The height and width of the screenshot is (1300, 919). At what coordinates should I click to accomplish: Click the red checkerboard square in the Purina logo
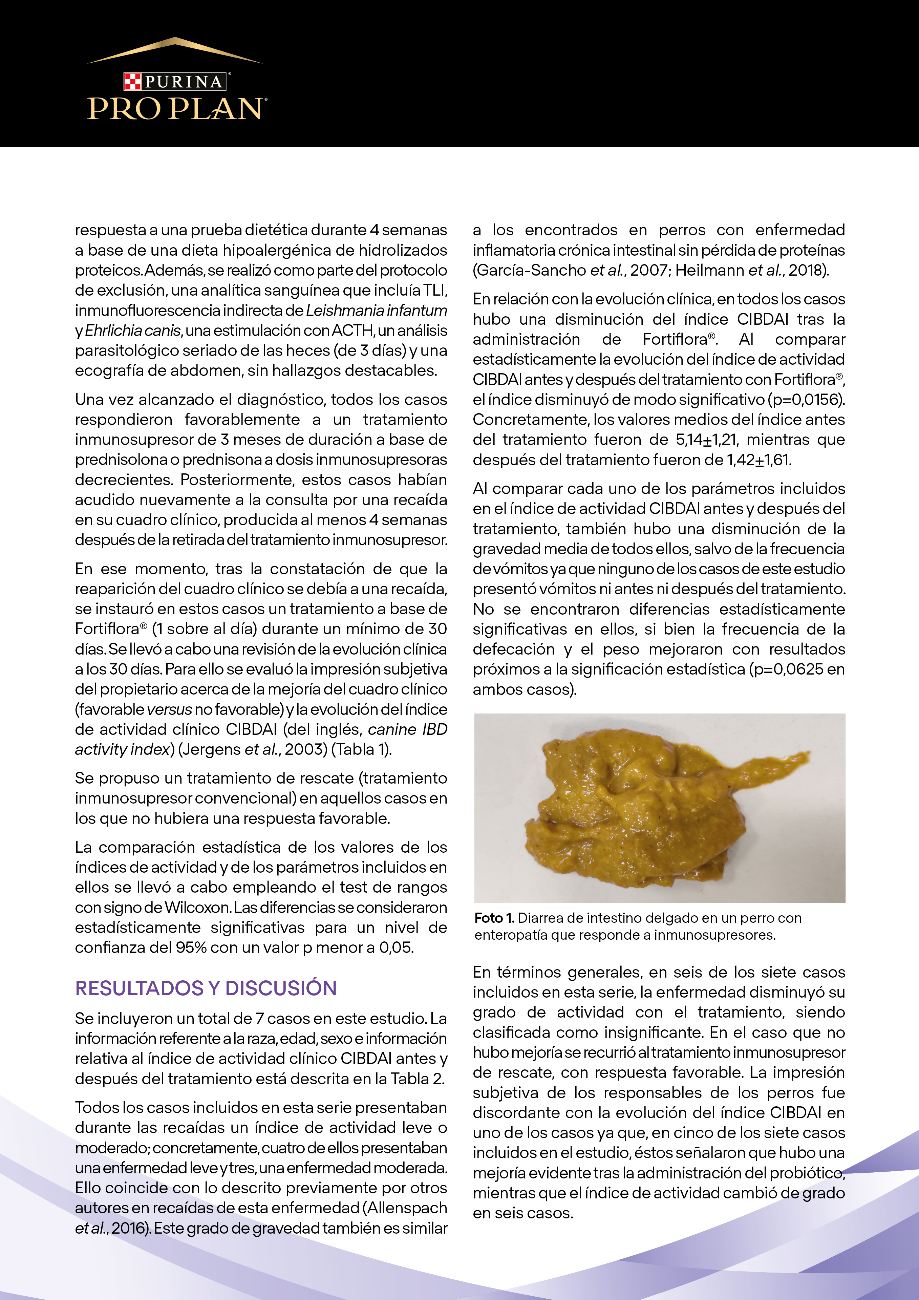pyautogui.click(x=132, y=82)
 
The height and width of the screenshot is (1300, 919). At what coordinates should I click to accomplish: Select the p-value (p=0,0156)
pyautogui.click(x=806, y=399)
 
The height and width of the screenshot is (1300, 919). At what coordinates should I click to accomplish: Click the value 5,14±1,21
pyautogui.click(x=707, y=440)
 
